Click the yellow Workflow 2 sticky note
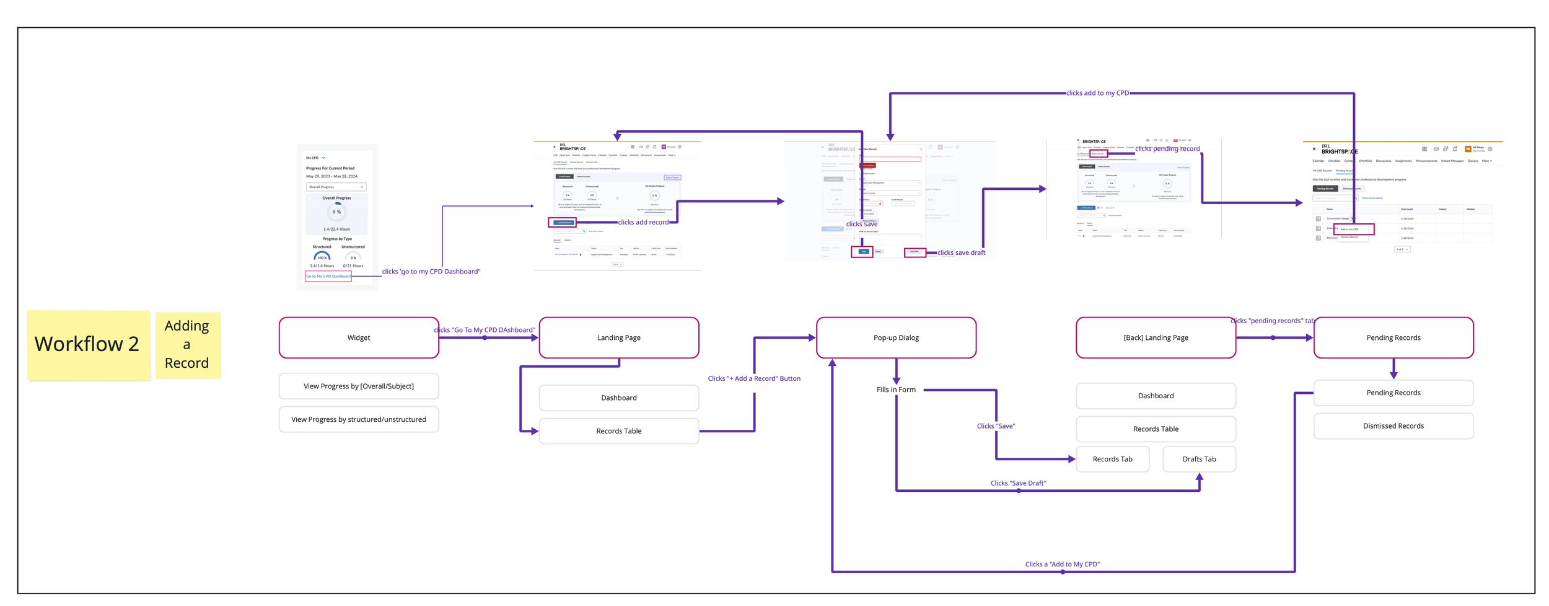click(x=88, y=344)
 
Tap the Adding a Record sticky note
click(x=187, y=344)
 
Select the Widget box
click(x=359, y=337)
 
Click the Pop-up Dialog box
click(x=896, y=337)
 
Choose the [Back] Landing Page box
click(x=1156, y=337)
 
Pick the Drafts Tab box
click(x=1199, y=459)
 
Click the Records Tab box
click(x=1112, y=459)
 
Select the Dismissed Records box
click(x=1393, y=426)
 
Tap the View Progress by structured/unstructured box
click(x=359, y=419)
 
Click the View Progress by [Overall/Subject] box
click(x=359, y=386)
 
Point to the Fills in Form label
click(x=896, y=390)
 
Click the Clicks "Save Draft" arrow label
click(x=1018, y=483)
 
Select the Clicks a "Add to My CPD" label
click(x=1062, y=564)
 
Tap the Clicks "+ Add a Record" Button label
click(x=754, y=378)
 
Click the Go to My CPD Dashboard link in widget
click(x=328, y=276)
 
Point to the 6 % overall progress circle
click(x=336, y=212)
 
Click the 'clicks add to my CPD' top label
click(x=1097, y=93)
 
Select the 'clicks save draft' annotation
click(x=961, y=252)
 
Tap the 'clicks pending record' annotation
click(x=1167, y=149)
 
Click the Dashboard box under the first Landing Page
click(x=619, y=398)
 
